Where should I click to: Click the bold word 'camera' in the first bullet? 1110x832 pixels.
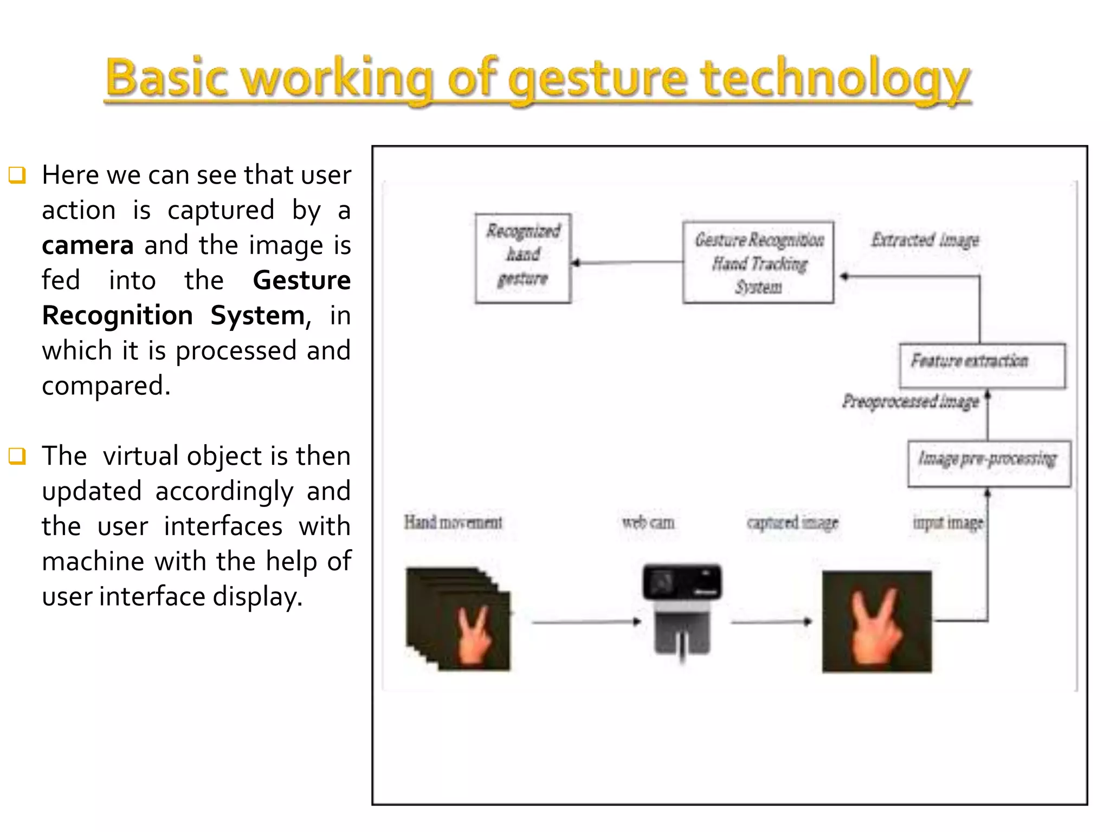[x=88, y=245]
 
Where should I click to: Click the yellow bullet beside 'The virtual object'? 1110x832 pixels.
[x=17, y=456]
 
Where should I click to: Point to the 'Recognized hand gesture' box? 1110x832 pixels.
[x=523, y=258]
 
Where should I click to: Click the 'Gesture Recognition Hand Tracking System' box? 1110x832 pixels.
[x=758, y=263]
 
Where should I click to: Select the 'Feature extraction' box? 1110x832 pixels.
[x=982, y=366]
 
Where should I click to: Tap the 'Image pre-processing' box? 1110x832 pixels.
[x=989, y=464]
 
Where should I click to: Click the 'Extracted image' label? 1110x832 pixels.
[x=925, y=239]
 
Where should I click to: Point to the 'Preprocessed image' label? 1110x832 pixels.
[x=911, y=401]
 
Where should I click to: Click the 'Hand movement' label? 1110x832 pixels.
[x=453, y=522]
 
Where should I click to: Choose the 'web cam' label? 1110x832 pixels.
[x=648, y=522]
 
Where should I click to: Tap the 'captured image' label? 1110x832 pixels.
[x=792, y=522]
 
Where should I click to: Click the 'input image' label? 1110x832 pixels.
[x=947, y=522]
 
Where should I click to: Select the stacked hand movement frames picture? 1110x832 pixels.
[x=459, y=619]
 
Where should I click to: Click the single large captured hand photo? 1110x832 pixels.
[x=876, y=621]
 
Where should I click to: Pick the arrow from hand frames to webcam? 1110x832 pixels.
[x=585, y=622]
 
